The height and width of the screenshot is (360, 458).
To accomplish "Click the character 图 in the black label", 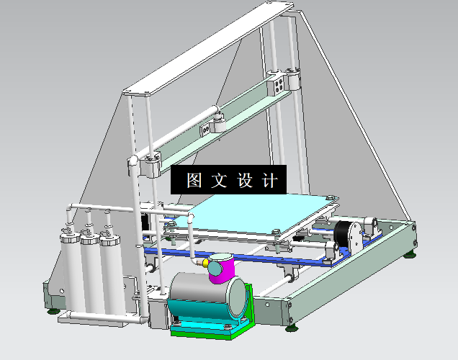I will coord(194,180).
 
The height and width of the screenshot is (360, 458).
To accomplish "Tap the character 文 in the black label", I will coord(218,180).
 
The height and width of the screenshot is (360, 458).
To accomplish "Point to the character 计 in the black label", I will coord(270,180).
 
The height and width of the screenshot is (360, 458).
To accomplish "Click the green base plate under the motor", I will coord(209,332).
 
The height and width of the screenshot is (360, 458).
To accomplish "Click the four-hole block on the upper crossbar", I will coord(278,87).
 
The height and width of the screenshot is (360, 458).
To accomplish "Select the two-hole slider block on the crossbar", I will coord(206,128).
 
